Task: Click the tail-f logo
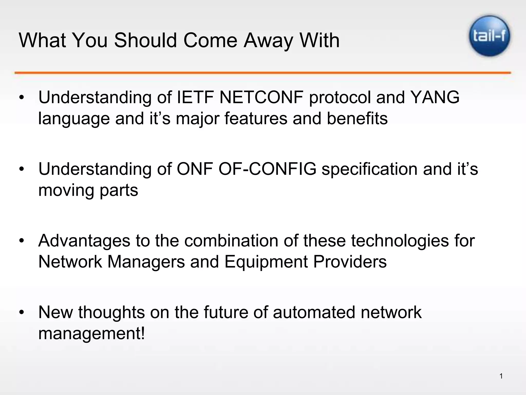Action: (490, 36)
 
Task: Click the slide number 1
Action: (501, 376)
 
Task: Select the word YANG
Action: (435, 97)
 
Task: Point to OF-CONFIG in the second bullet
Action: (267, 169)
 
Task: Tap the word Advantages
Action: (84, 241)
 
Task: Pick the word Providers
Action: (350, 262)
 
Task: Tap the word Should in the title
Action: (146, 41)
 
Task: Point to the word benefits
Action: (357, 119)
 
